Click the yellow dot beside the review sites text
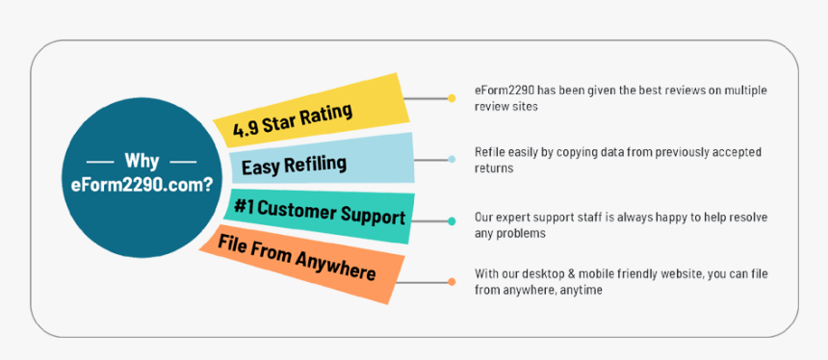pyautogui.click(x=452, y=98)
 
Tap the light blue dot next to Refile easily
pyautogui.click(x=452, y=159)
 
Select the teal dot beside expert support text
pyautogui.click(x=452, y=221)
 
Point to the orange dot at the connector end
pyautogui.click(x=452, y=282)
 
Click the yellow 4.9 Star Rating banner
pyautogui.click(x=312, y=111)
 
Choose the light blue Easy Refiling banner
pyautogui.click(x=323, y=160)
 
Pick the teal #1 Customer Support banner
pyautogui.click(x=319, y=217)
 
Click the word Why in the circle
pyautogui.click(x=142, y=161)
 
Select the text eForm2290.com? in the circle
pyautogui.click(x=142, y=185)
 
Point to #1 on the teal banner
pyautogui.click(x=244, y=208)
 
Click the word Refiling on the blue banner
pyautogui.click(x=315, y=165)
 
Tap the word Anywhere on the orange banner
pyautogui.click(x=336, y=266)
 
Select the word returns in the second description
pyautogui.click(x=494, y=168)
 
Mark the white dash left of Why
pyautogui.click(x=100, y=162)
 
